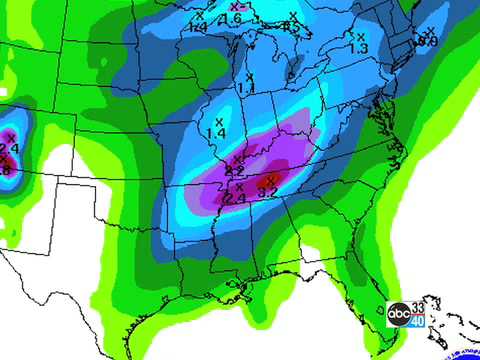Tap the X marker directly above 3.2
[x=269, y=179]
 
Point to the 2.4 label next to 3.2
[x=237, y=198]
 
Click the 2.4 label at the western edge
[x=9, y=149]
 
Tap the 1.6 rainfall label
[x=230, y=19]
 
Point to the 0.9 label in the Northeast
[x=428, y=41]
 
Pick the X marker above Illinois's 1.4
[x=218, y=121]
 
